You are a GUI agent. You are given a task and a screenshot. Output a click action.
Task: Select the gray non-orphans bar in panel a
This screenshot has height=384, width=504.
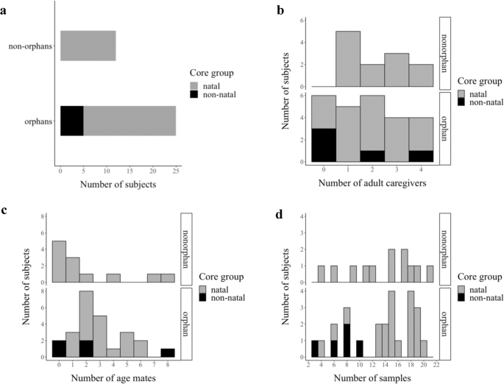tap(88, 46)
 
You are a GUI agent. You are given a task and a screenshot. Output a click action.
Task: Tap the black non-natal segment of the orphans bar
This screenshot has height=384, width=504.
tap(71, 121)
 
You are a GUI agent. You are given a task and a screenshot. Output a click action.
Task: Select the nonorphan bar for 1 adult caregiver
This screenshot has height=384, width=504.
tap(348, 59)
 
